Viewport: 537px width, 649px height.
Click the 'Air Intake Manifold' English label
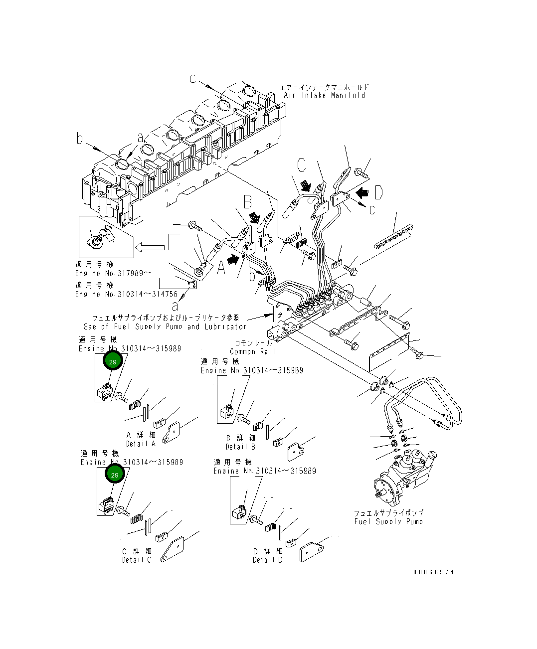click(x=324, y=95)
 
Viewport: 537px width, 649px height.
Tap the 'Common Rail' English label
click(x=250, y=351)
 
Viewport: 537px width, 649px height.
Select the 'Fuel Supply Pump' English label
click(x=388, y=521)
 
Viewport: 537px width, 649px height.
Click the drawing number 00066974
click(x=433, y=572)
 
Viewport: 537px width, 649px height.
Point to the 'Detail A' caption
click(x=141, y=444)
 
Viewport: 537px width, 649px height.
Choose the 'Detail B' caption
click(x=240, y=447)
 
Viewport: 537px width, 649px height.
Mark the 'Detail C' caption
click(x=136, y=560)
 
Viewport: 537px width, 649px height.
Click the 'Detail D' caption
click(x=267, y=560)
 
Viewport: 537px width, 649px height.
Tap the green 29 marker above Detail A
click(x=113, y=361)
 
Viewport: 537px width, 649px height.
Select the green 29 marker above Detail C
click(x=114, y=475)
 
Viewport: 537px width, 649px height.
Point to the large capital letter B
click(x=247, y=202)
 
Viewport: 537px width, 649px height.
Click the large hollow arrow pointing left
click(x=149, y=246)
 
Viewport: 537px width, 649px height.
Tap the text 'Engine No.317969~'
click(x=113, y=273)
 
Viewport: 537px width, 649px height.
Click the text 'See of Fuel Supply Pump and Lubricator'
click(x=165, y=326)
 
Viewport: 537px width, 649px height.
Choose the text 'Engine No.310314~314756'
click(x=126, y=294)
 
